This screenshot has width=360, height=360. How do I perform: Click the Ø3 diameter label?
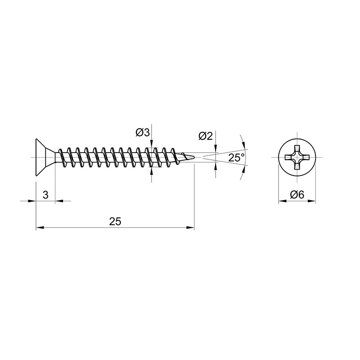[143, 132]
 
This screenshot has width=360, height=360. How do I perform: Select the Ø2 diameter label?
[206, 136]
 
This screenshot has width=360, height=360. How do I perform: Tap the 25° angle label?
[237, 158]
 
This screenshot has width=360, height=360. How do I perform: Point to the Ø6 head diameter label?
[297, 195]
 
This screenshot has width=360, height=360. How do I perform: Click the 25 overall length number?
[115, 221]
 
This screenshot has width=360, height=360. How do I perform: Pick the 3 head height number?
[45, 195]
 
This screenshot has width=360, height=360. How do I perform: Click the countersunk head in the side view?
[45, 157]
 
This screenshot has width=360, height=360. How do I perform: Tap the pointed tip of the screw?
[194, 157]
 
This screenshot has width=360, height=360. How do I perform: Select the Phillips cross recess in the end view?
[297, 157]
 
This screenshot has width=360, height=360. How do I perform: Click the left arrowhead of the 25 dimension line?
[40, 228]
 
